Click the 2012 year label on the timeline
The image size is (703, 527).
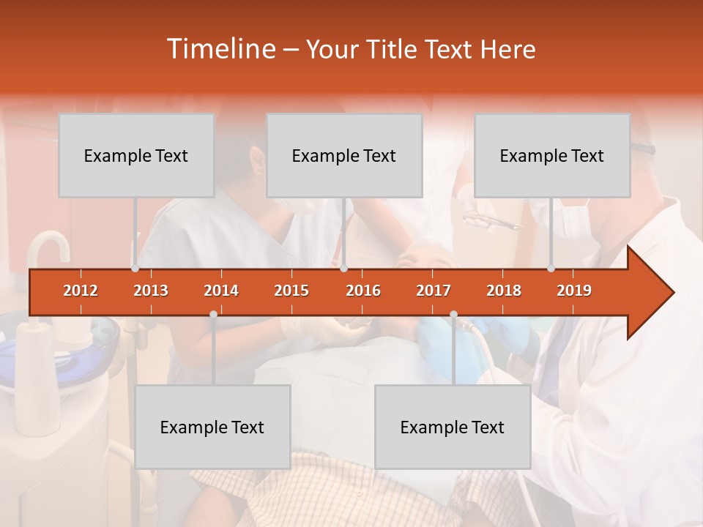81,291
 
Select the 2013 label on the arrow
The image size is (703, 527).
151,291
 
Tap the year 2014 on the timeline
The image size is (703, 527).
221,291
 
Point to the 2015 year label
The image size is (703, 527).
291,291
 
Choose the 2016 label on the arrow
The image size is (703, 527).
363,291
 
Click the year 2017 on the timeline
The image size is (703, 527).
434,291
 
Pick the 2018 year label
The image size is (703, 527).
504,291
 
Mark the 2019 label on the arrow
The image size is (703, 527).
574,291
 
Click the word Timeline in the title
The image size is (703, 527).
220,49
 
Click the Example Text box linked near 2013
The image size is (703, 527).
136,155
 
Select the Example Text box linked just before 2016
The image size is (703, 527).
344,155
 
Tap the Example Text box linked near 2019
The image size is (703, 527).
552,155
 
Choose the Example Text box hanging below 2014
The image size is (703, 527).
212,427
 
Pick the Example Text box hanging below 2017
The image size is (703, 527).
453,427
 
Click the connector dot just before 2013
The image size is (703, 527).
135,269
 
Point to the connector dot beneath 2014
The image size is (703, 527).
213,314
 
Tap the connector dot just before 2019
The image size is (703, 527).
551,269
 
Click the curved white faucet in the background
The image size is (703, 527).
48,245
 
